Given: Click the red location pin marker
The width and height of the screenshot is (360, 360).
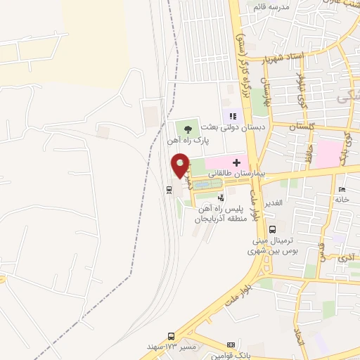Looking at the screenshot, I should tap(181, 166).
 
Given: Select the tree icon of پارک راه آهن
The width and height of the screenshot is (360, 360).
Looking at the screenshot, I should tap(187, 128).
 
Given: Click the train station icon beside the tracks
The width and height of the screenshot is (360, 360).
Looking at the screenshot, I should tap(169, 189).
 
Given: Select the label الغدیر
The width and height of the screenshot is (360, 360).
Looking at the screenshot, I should tap(271, 202).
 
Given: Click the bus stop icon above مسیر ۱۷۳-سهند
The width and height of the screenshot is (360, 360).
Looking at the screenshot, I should tap(171, 337).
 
